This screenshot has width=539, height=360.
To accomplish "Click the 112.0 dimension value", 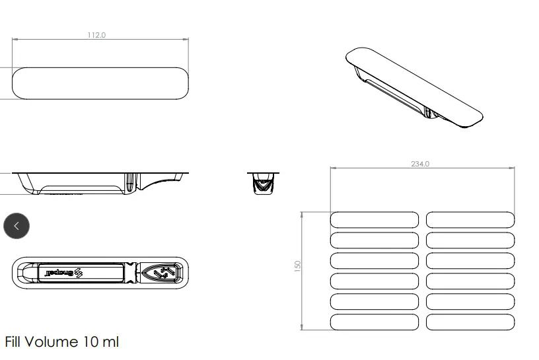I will (96, 35).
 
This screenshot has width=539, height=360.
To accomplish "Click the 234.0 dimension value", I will (420, 164).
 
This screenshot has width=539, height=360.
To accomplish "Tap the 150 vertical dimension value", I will (298, 266).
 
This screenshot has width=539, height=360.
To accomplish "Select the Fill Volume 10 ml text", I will (62, 342).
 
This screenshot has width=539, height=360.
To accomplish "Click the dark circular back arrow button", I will (17, 225).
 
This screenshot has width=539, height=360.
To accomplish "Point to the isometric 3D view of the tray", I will (414, 87).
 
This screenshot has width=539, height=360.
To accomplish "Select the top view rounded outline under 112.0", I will (100, 83).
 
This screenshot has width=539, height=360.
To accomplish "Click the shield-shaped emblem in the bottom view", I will (162, 272).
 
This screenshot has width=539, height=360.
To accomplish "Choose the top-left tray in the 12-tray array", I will (375, 220).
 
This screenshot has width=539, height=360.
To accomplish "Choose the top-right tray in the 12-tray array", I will (470, 220).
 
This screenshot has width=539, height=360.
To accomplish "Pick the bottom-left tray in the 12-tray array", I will (375, 322).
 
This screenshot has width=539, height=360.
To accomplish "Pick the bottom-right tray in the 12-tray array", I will (470, 322).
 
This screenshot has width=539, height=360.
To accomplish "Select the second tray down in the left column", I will (375, 240).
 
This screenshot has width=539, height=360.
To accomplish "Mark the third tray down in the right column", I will (470, 261).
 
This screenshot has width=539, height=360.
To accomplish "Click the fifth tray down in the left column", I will (375, 302).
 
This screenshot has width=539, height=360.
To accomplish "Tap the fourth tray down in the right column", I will (470, 281).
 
